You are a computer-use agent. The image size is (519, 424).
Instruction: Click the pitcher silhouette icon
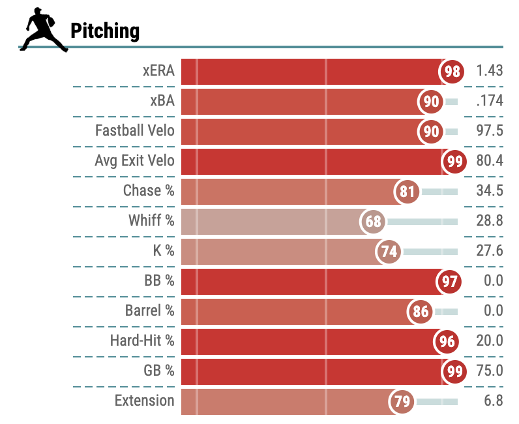[x=44, y=29]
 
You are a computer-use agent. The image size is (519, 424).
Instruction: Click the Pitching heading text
[x=104, y=31]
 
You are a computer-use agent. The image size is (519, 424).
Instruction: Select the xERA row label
[x=158, y=71]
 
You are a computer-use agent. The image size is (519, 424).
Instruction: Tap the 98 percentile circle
[x=452, y=71]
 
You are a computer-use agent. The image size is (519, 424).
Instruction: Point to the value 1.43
[x=490, y=71]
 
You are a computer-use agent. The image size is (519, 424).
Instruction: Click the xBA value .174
[x=490, y=101]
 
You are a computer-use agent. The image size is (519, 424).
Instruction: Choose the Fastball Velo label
[x=135, y=131]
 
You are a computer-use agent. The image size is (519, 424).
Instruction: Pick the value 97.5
[x=490, y=131]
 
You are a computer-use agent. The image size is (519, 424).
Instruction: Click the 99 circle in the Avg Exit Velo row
[x=454, y=161]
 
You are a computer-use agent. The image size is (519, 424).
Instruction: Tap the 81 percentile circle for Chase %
[x=408, y=191]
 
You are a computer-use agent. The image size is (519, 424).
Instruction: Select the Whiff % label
[x=151, y=221]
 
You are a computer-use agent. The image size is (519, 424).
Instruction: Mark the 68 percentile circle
[x=373, y=221]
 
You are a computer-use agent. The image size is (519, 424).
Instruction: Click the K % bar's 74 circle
[x=389, y=251]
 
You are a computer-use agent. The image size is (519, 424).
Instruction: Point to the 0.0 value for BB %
[x=494, y=281]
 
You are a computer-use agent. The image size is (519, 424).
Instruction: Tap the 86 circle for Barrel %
[x=421, y=311]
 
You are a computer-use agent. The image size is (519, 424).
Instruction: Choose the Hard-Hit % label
[x=142, y=341]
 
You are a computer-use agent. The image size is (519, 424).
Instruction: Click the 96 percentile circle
[x=447, y=341]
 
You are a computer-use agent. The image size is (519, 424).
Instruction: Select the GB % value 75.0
[x=490, y=371]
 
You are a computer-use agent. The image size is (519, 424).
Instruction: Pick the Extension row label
[x=144, y=401]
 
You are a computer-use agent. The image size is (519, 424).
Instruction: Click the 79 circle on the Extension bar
[x=402, y=401]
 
